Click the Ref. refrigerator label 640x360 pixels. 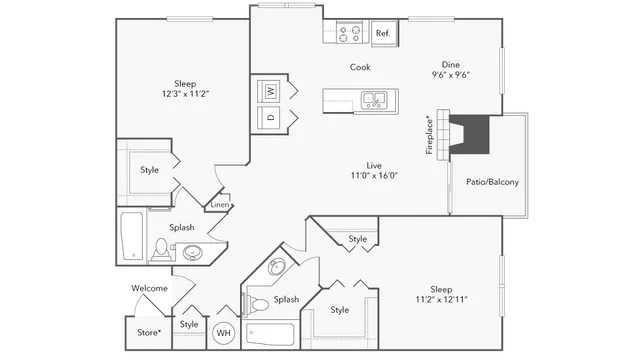tap(382, 33)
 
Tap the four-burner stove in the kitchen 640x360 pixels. tap(350, 33)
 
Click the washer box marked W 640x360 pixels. tap(271, 91)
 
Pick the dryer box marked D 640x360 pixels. tap(271, 117)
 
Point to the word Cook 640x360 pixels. tap(360, 67)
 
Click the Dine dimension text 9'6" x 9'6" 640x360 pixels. tap(451, 74)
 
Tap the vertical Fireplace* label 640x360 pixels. tap(430, 134)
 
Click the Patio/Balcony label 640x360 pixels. tap(492, 182)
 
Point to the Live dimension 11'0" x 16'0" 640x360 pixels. tap(375, 175)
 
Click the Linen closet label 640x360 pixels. tap(219, 205)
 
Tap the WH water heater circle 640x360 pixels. tap(224, 332)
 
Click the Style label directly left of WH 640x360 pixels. tap(189, 324)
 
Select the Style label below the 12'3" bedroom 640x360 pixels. tap(150, 169)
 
